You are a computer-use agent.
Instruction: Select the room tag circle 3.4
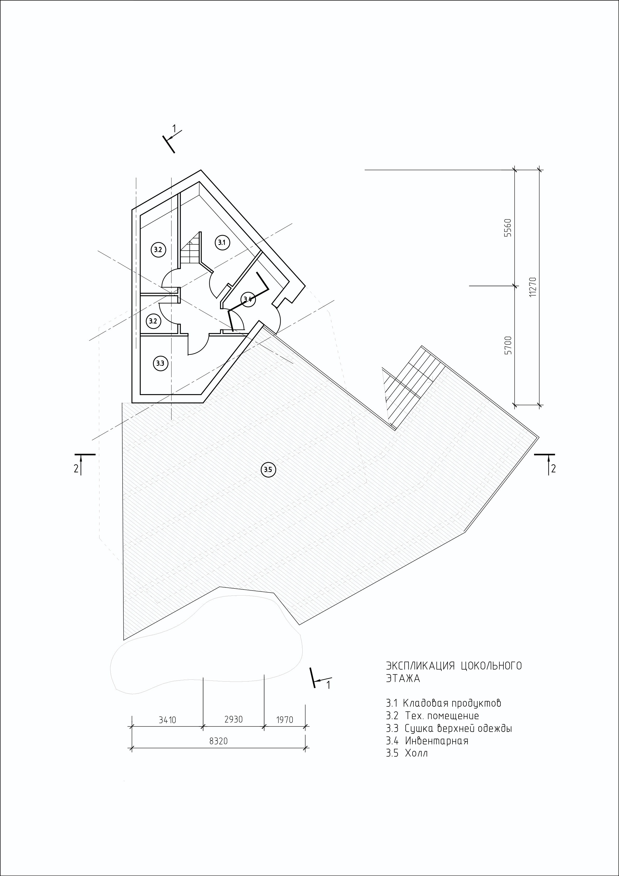tap(248, 299)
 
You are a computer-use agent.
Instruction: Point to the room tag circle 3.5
tap(268, 470)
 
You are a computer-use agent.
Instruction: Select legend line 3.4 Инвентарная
tap(427, 741)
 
